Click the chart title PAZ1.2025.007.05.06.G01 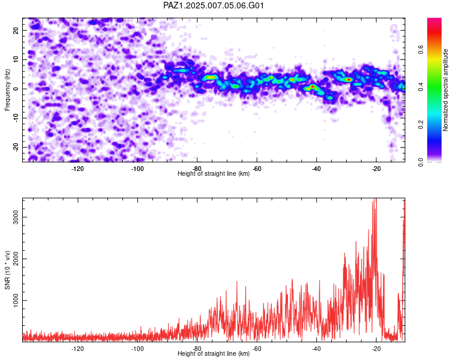pos(214,5)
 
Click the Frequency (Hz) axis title pos(7,90)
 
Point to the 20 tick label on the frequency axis pos(16,30)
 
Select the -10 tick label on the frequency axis pos(16,118)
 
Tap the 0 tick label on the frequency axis pos(16,89)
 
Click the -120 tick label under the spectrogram pos(77,169)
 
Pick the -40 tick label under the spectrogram pos(316,169)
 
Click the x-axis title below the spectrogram pos(214,173)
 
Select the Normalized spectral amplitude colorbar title pos(445,90)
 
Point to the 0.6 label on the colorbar pos(421,50)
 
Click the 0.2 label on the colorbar pos(421,124)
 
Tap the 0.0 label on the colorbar pos(421,162)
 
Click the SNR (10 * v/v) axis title pos(7,270)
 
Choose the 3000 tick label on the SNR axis pos(16,217)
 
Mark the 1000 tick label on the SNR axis pos(16,300)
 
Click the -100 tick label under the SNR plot pos(137,349)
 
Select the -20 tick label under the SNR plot pos(376,349)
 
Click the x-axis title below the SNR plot pos(214,353)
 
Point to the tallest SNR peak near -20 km pos(375,199)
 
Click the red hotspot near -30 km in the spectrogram pos(349,80)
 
